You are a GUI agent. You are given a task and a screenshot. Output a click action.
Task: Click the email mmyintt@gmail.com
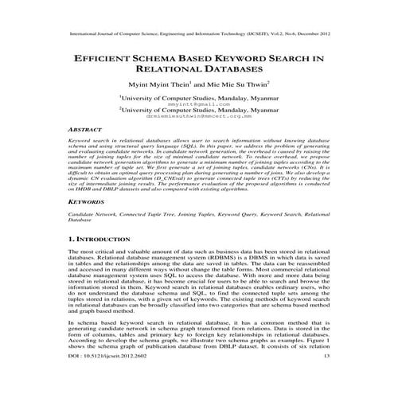197,103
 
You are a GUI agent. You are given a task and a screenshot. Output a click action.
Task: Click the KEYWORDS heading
88,204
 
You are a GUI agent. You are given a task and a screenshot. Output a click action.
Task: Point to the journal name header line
197,35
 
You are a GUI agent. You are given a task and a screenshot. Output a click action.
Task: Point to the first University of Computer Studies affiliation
197,96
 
